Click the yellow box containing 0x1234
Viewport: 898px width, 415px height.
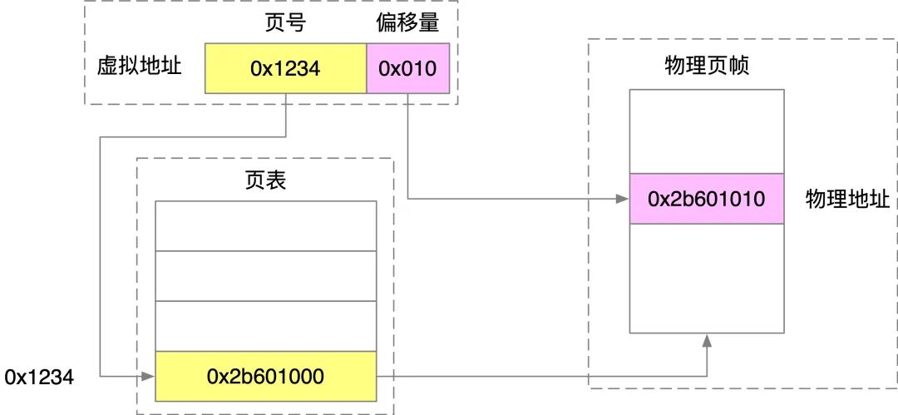pyautogui.click(x=285, y=68)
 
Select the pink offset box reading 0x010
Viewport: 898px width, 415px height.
pyautogui.click(x=407, y=68)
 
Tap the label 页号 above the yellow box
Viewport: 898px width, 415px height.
pyautogui.click(x=285, y=24)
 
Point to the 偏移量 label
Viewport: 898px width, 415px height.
pyautogui.click(x=407, y=24)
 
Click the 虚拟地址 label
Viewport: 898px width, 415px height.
pyautogui.click(x=140, y=67)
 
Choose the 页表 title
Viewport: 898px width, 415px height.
pyautogui.click(x=264, y=181)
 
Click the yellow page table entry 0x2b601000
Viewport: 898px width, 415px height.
pyautogui.click(x=266, y=376)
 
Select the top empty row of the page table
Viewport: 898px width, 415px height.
pyautogui.click(x=266, y=226)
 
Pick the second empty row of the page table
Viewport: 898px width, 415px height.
pyautogui.click(x=266, y=276)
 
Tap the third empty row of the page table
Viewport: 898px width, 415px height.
pyautogui.click(x=266, y=325)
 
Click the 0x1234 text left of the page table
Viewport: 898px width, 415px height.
pyautogui.click(x=39, y=378)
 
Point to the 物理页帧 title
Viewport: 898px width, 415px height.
pyautogui.click(x=707, y=67)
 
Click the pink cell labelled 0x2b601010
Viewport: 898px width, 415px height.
pyautogui.click(x=706, y=198)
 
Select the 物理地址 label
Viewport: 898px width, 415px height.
pyautogui.click(x=847, y=199)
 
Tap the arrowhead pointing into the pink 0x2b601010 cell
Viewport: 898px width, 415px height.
pyautogui.click(x=623, y=199)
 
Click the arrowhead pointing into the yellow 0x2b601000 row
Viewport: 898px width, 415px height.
pyautogui.click(x=149, y=377)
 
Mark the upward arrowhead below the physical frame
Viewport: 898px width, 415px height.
pyautogui.click(x=707, y=339)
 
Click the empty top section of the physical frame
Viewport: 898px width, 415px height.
pyautogui.click(x=706, y=131)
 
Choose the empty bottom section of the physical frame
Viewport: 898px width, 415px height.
pyautogui.click(x=706, y=278)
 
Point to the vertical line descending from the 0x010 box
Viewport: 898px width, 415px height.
pyautogui.click(x=407, y=146)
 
